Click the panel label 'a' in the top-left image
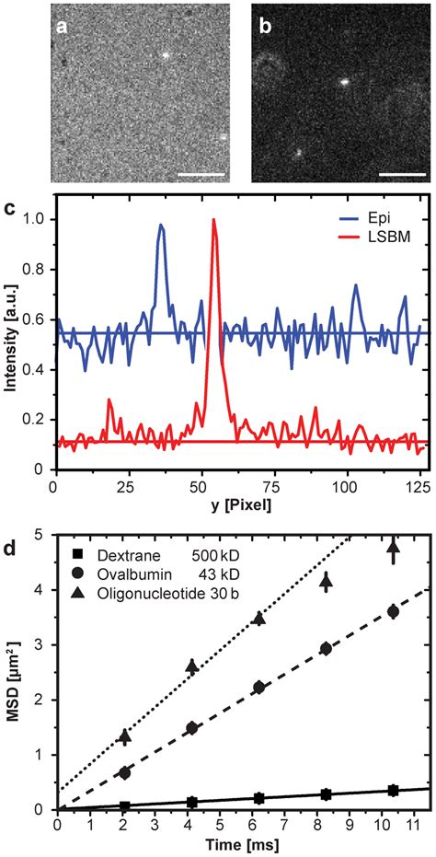pos(63,27)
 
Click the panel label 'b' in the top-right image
pos(264,27)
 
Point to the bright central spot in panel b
pos(341,81)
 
